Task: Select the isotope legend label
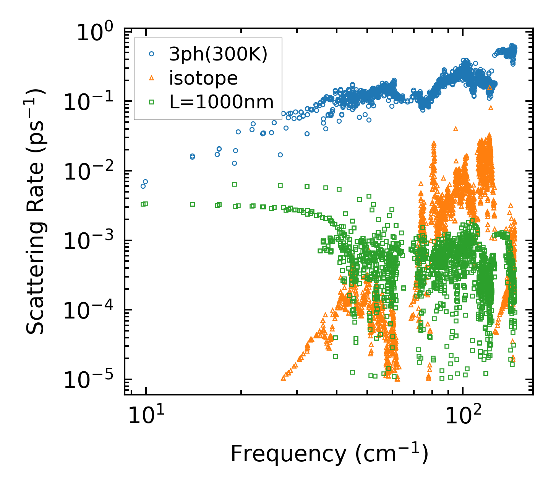click(x=203, y=78)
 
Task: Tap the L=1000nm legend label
click(x=221, y=102)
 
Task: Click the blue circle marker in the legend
click(x=151, y=54)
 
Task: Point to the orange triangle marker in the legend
click(x=151, y=78)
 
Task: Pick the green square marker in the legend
click(x=151, y=102)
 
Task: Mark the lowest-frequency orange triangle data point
click(x=283, y=378)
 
